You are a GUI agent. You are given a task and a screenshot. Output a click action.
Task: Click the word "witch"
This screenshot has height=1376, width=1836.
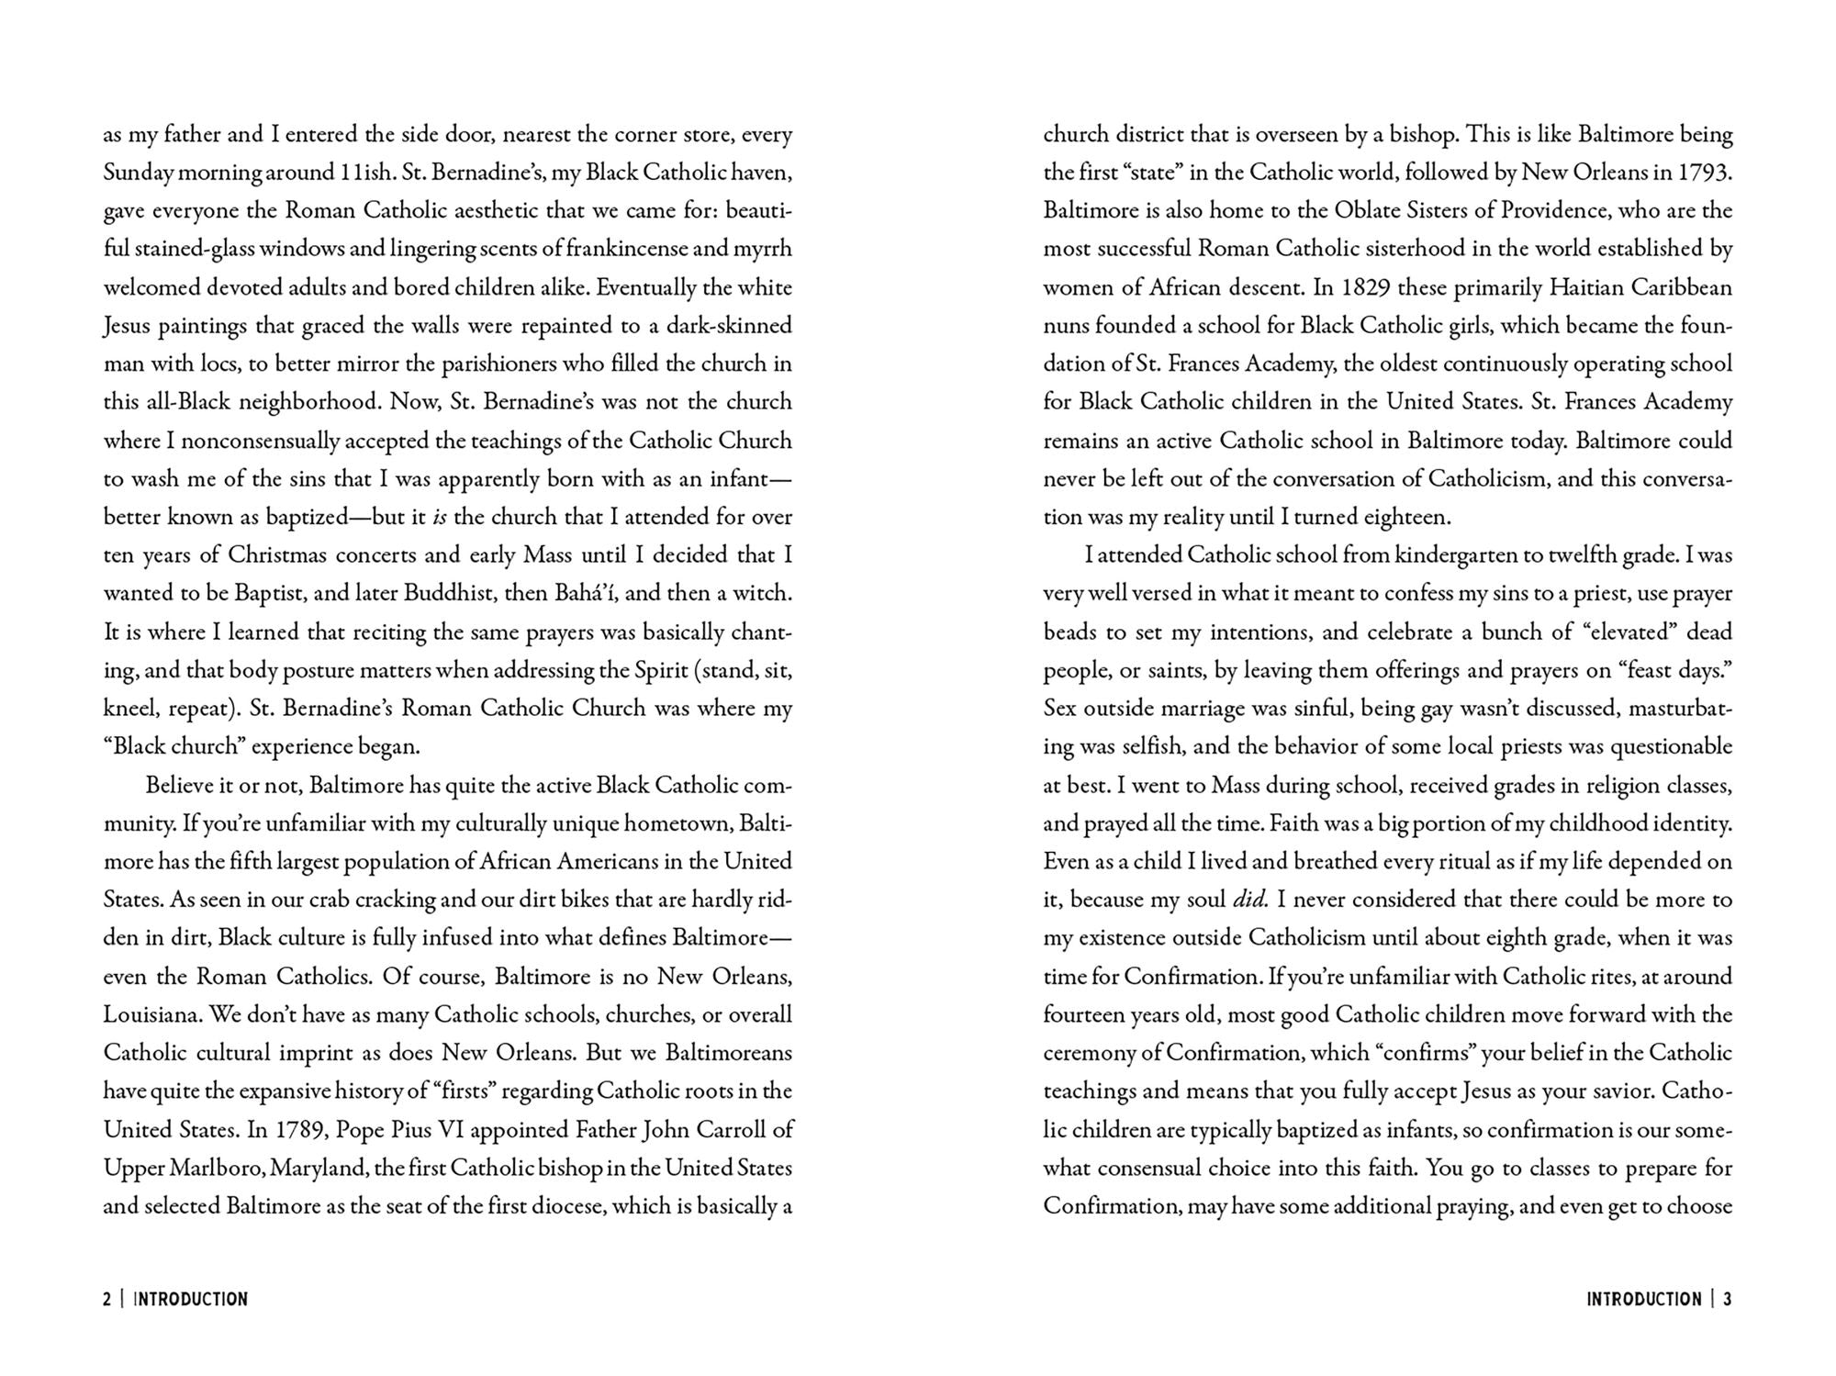(765, 593)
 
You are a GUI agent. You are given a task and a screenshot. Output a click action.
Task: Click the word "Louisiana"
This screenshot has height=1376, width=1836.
(151, 1014)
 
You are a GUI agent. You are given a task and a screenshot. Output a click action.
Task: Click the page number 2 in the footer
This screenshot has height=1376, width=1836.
(107, 1299)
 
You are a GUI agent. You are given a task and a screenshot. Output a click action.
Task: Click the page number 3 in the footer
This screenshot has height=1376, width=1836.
(1727, 1299)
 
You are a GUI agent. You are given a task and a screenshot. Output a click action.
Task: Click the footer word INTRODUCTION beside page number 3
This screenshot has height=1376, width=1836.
(1644, 1299)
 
